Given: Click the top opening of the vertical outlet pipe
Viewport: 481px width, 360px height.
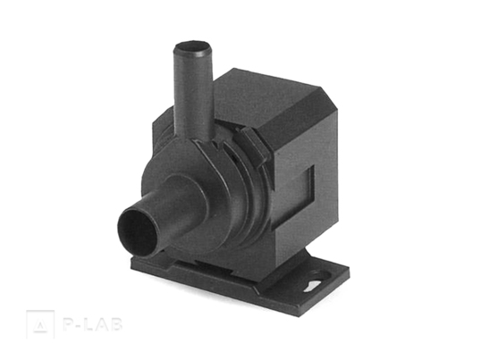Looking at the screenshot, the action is click(193, 47).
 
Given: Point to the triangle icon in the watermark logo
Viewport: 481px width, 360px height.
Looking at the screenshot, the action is click(40, 326).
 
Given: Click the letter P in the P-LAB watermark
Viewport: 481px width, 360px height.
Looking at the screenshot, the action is click(67, 324).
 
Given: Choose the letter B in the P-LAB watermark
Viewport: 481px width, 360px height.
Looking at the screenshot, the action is click(116, 324).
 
